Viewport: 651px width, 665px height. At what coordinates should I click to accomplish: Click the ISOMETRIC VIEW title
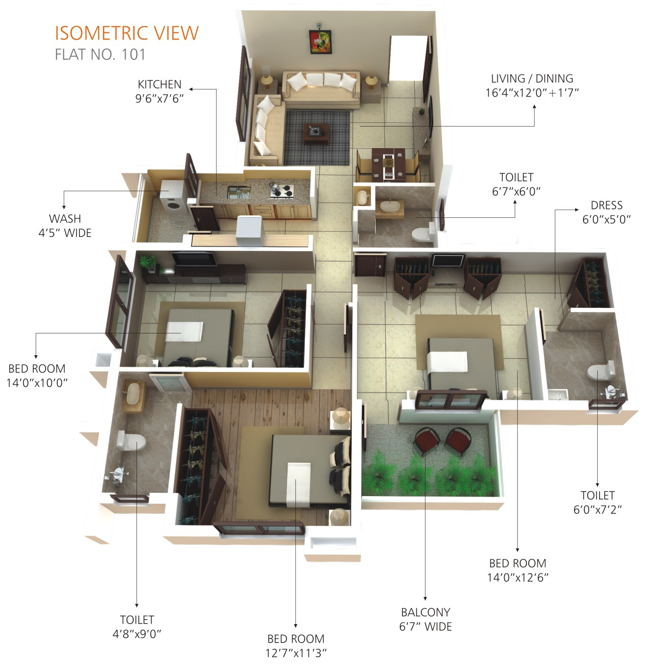(x=126, y=33)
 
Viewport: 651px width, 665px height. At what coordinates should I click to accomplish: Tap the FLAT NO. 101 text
(x=100, y=55)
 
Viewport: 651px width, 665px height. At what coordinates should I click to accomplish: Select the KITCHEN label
(x=159, y=84)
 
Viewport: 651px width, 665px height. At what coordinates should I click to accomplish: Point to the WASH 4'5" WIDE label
(x=65, y=225)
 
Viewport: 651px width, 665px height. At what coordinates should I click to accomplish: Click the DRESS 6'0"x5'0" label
(x=606, y=212)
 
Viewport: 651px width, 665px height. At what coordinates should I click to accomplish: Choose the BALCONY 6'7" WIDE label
(x=425, y=619)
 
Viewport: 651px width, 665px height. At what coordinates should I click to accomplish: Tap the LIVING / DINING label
(x=532, y=78)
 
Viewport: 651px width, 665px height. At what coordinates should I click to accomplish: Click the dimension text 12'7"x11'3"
(x=296, y=653)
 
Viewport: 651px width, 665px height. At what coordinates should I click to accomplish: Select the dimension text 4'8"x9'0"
(x=137, y=634)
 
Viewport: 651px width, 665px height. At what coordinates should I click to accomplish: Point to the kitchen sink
(x=238, y=192)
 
